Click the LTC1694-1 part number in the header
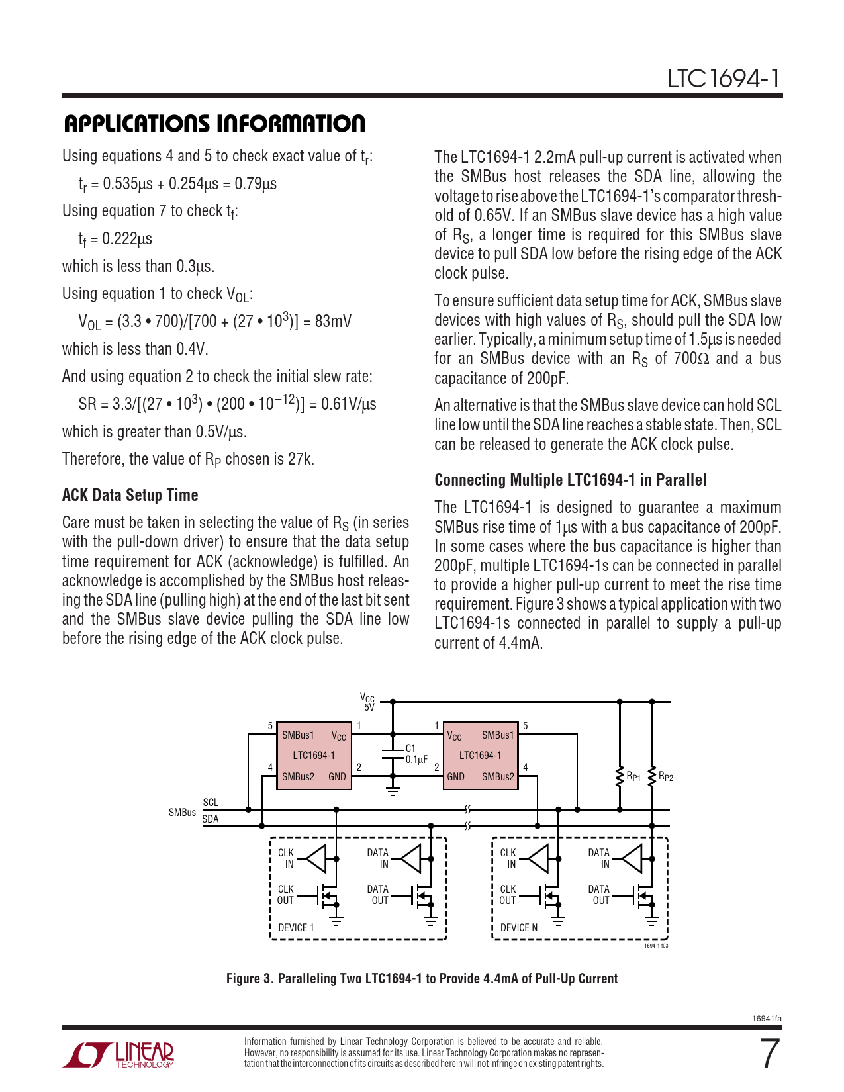(x=724, y=79)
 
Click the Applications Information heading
(x=214, y=124)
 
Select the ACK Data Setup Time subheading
(x=130, y=495)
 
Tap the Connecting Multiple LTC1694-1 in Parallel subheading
(x=570, y=480)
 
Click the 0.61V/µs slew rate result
(x=349, y=404)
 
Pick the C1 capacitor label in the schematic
(x=410, y=749)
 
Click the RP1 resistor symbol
(x=620, y=777)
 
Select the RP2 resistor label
(x=666, y=777)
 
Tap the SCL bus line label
(x=211, y=803)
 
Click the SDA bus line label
(x=210, y=819)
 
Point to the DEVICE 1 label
(x=296, y=928)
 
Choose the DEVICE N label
(x=518, y=928)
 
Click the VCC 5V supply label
(x=367, y=702)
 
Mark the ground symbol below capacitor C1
(x=393, y=790)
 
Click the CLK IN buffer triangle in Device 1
(x=318, y=858)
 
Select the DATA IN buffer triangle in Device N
(x=633, y=859)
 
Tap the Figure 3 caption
(x=422, y=979)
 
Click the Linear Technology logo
(x=118, y=1054)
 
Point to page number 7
(x=769, y=1054)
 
